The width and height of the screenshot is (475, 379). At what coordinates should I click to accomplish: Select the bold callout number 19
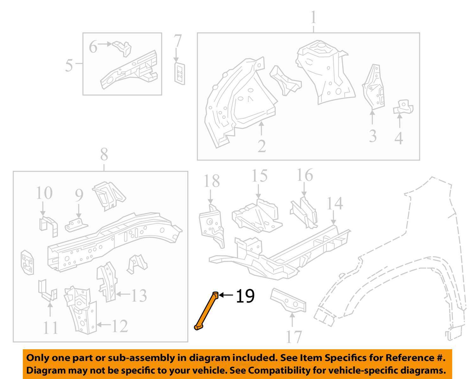pos(245,296)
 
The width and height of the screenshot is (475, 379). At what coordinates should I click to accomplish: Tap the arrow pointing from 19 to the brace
pos(226,295)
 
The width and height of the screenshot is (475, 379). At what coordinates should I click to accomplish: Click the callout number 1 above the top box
pos(313,18)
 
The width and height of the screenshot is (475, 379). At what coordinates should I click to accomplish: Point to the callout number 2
pos(262,146)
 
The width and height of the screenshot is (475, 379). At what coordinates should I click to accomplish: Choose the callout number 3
pos(373,136)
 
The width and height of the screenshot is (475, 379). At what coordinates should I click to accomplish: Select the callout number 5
pos(69,65)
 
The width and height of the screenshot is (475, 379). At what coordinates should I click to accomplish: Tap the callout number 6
pos(93,47)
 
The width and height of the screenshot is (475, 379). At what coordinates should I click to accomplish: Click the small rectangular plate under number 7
pos(180,74)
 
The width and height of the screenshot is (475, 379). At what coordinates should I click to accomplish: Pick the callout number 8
pos(104,155)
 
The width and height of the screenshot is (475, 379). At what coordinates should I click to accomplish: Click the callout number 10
pos(44,193)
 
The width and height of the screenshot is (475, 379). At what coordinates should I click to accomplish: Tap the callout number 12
pos(119,326)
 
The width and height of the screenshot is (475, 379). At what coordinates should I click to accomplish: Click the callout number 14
pos(334,203)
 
